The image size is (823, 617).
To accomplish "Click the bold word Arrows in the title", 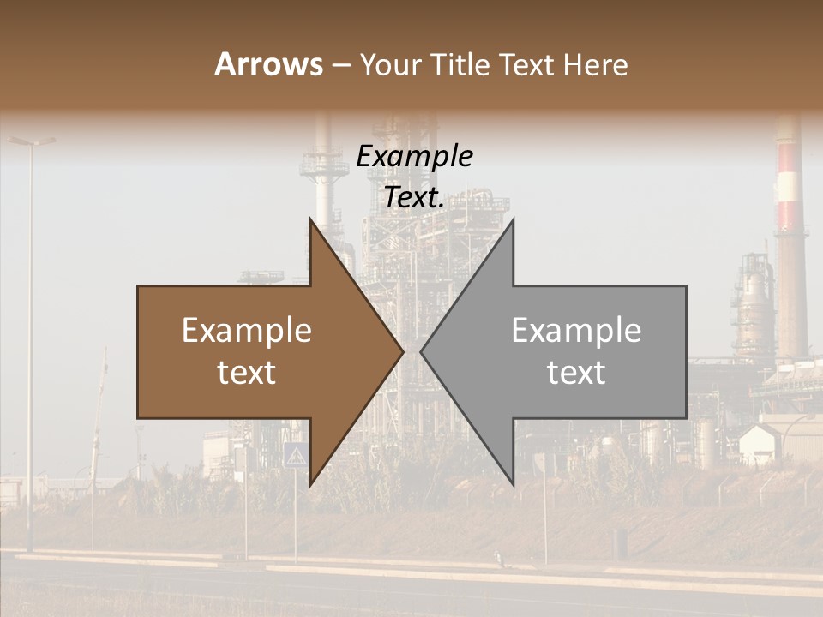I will click(x=268, y=64).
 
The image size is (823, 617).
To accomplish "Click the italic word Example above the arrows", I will click(x=414, y=157).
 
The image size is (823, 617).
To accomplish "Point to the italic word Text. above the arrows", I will click(x=414, y=197).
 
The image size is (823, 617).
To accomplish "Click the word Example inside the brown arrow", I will click(x=246, y=331).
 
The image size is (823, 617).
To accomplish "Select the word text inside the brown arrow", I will click(x=246, y=373).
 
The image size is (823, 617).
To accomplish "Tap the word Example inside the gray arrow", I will click(x=576, y=331).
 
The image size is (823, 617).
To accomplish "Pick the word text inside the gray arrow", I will click(x=576, y=373).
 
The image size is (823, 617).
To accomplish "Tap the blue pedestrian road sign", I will click(x=294, y=454).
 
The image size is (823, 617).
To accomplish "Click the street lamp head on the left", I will click(x=32, y=141).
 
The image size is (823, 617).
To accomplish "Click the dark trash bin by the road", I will click(x=620, y=541).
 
